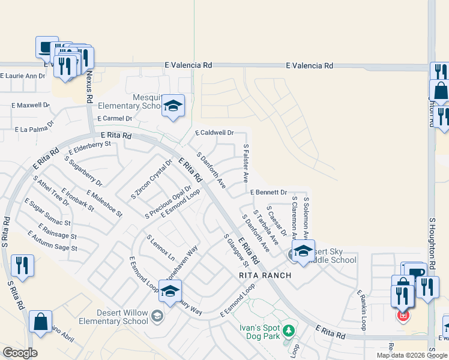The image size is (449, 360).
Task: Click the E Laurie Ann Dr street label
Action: click(23, 76)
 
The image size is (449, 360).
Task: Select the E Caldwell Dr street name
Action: click(214, 133)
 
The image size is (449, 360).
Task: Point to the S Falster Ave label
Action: click(246, 163)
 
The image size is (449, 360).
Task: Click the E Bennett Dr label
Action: click(268, 193)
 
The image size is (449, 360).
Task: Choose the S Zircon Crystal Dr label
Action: click(151, 179)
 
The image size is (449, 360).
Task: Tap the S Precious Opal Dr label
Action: click(168, 202)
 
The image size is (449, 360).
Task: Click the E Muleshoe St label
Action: click(104, 203)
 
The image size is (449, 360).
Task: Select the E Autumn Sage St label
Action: click(50, 244)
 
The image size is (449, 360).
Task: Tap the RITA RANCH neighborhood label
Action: click(265, 275)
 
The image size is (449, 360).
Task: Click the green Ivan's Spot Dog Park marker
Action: click(289, 331)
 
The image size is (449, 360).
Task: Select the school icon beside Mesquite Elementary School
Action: click(173, 107)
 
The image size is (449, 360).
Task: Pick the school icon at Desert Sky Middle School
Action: click(303, 252)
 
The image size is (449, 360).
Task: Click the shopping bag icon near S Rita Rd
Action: click(41, 322)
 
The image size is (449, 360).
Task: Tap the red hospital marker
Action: click(403, 315)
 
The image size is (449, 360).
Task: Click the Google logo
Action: click(20, 353)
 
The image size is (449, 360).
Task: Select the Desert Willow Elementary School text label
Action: click(122, 317)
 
